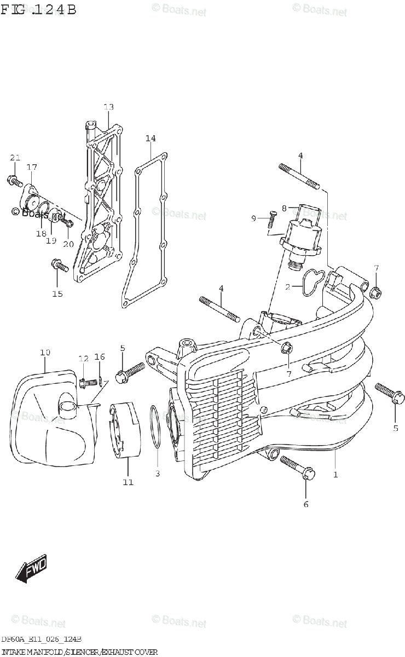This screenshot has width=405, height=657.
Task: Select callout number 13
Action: click(108, 107)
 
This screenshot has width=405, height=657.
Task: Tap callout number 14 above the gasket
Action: click(151, 138)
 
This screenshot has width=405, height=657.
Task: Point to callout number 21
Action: click(15, 158)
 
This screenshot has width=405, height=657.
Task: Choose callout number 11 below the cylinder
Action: click(128, 482)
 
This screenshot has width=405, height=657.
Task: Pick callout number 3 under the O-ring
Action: click(157, 473)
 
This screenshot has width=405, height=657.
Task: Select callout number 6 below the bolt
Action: click(306, 504)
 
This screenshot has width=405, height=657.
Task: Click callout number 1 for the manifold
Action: click(335, 474)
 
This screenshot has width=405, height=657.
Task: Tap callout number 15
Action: click(57, 293)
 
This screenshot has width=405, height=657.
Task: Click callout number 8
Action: click(285, 208)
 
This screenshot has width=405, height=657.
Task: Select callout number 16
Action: click(99, 357)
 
